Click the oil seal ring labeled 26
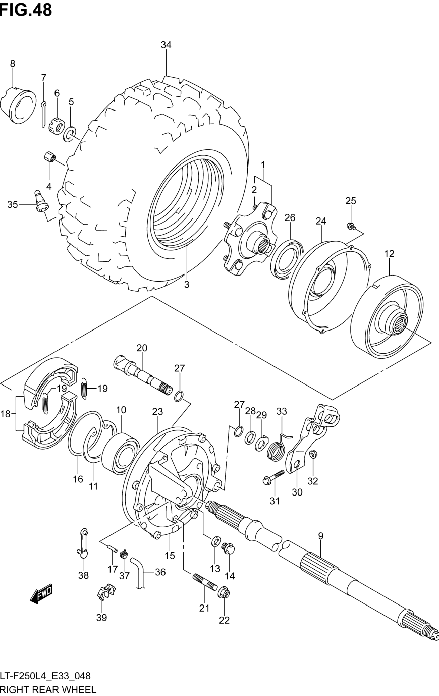pos(287,260)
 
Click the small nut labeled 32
pos(313,455)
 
